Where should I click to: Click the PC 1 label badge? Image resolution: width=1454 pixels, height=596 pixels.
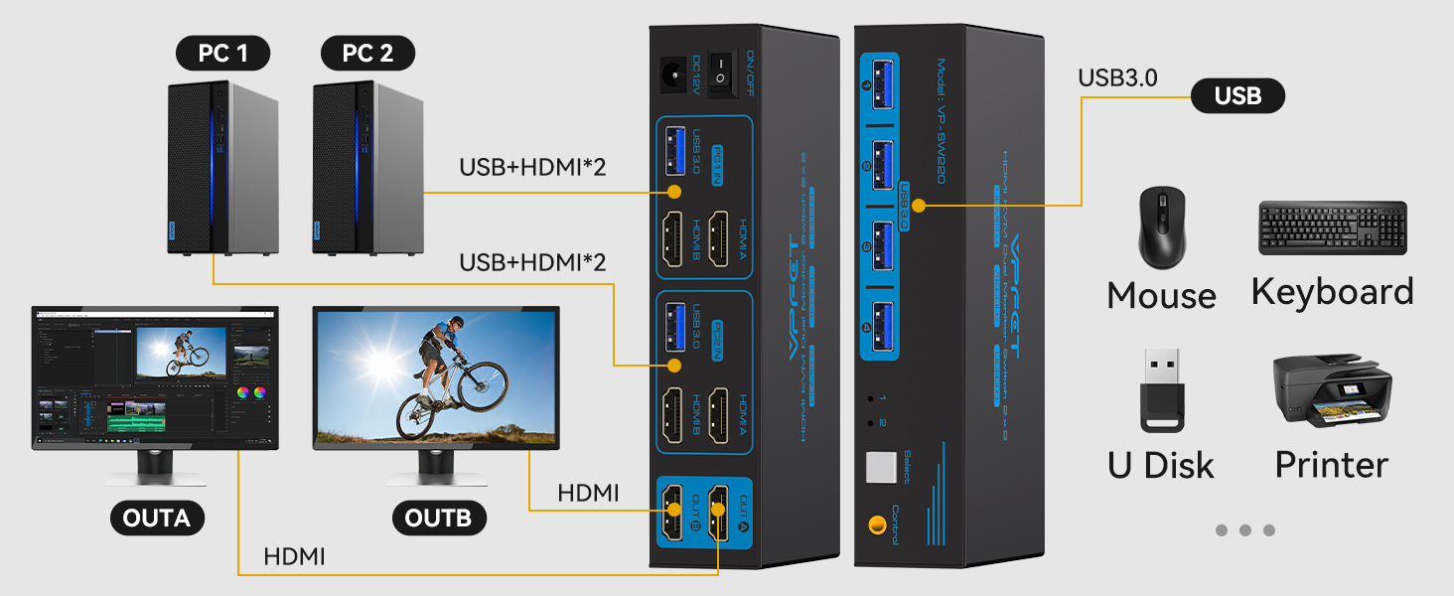[222, 53]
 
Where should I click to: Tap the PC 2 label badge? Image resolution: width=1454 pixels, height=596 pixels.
[368, 53]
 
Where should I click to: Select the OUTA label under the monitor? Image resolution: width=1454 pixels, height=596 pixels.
[157, 518]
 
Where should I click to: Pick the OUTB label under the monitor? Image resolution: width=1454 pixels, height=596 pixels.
[439, 518]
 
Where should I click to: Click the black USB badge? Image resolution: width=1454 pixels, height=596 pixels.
[1237, 95]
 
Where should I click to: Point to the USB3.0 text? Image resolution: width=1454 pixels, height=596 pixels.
[1117, 78]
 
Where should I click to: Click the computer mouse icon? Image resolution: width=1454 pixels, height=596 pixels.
[1160, 228]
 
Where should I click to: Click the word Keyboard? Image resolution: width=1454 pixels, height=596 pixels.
[1332, 291]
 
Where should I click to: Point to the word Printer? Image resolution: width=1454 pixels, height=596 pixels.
[1331, 464]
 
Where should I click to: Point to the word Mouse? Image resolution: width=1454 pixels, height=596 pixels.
[1161, 295]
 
